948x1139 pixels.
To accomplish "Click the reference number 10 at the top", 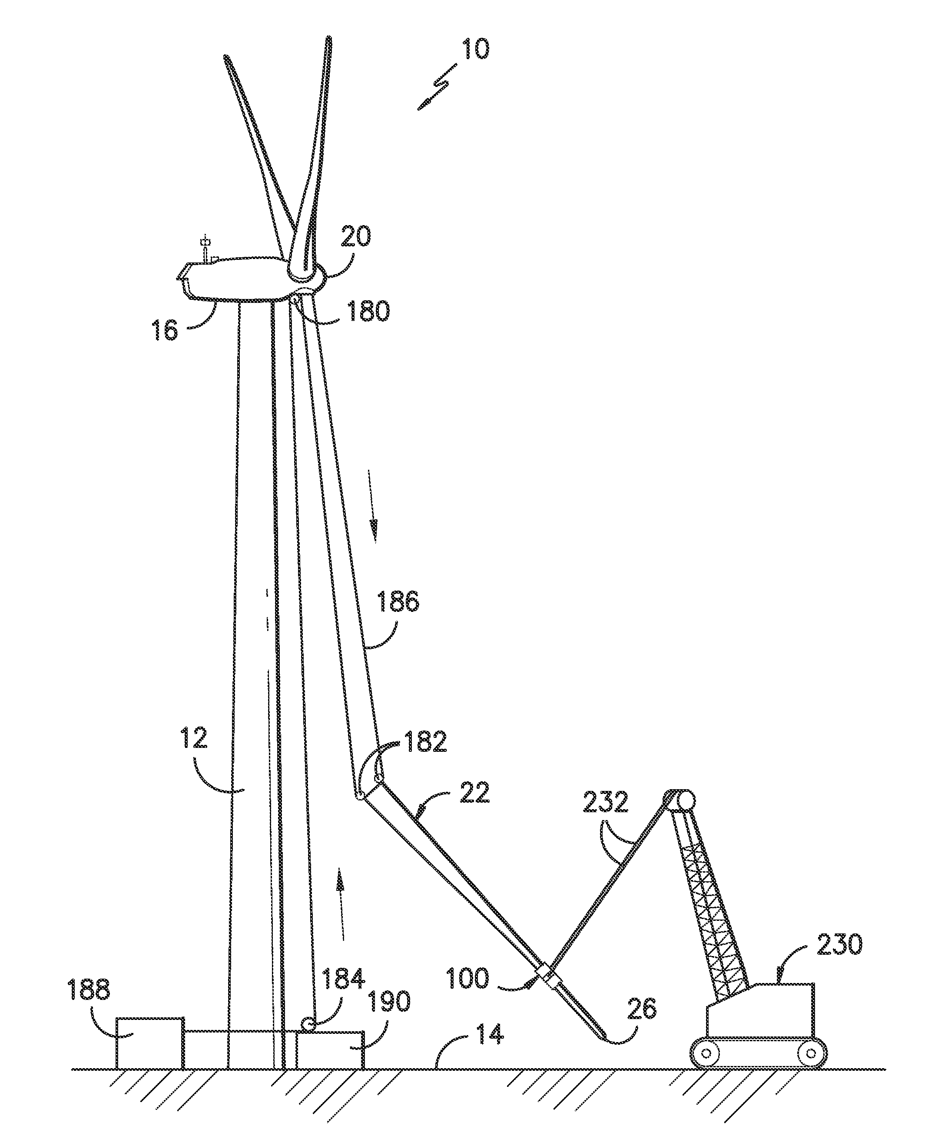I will (x=474, y=49).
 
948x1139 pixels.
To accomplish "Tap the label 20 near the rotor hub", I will (x=356, y=237).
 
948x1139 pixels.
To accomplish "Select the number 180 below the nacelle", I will (x=368, y=312).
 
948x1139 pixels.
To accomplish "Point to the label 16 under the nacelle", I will (x=164, y=329).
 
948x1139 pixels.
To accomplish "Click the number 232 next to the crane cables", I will (x=605, y=802).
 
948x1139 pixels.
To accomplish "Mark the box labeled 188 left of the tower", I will (x=150, y=1049).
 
